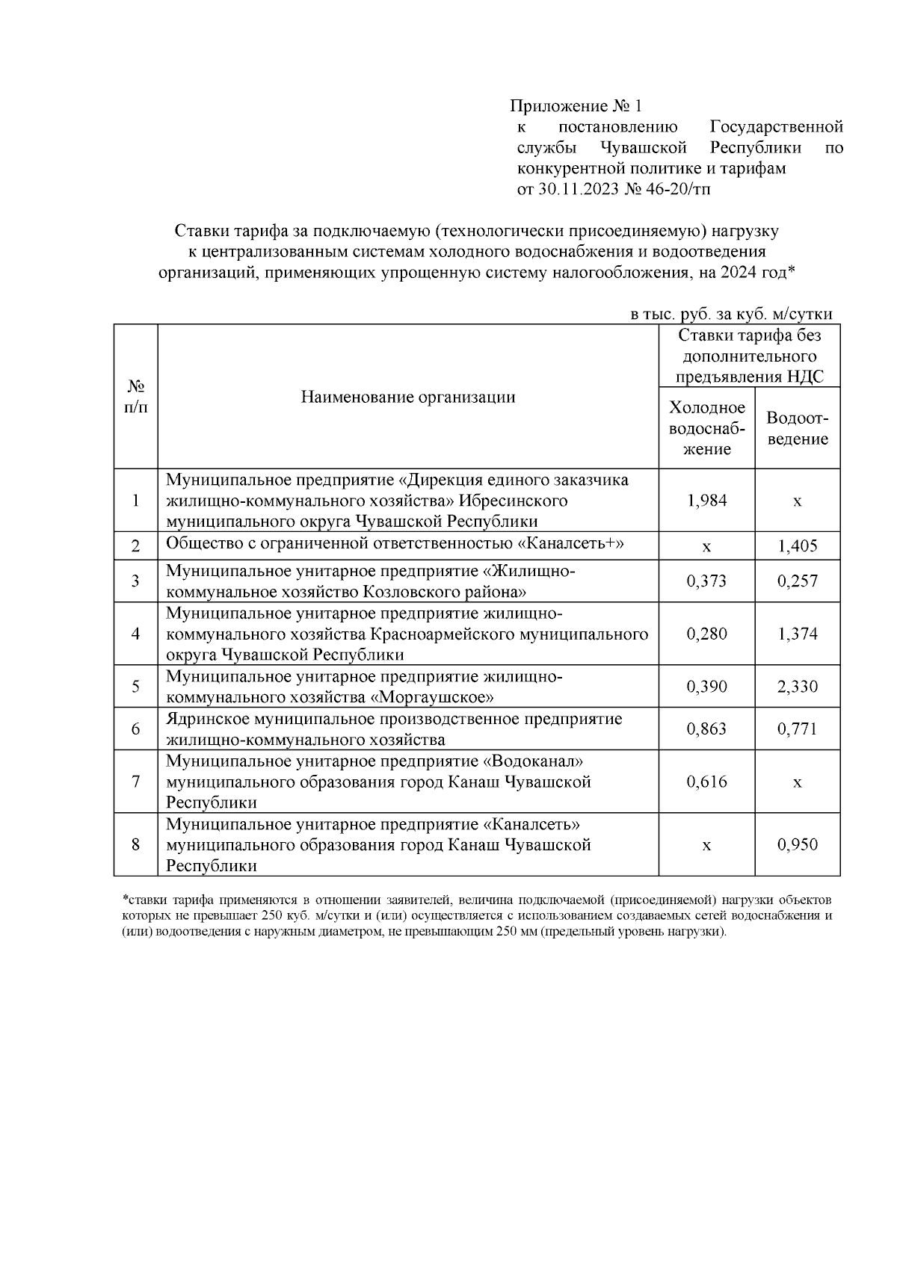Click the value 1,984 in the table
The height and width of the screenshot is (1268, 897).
pos(706,501)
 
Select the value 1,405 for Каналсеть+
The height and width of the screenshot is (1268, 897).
pos(797,546)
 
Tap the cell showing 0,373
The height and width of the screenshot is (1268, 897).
pos(706,581)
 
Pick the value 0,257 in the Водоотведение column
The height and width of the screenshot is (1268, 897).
pos(797,581)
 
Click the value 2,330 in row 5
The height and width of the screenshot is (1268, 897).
pos(797,687)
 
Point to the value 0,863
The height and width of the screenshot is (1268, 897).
pos(706,729)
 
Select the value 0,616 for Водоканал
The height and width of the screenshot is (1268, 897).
pos(706,782)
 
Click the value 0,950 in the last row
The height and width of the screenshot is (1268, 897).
pos(797,845)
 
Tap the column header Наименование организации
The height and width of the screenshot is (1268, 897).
pos(408,397)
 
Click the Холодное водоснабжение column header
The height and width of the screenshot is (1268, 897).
pos(706,428)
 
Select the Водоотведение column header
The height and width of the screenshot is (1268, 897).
pos(797,429)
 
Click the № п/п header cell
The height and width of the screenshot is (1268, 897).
pos(135,397)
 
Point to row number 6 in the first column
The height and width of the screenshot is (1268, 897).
pos(135,729)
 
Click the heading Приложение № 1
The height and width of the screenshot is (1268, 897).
pos(576,106)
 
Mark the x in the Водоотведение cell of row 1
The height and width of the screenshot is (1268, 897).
pos(797,501)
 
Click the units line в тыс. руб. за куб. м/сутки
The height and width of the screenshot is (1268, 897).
pos(731,315)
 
